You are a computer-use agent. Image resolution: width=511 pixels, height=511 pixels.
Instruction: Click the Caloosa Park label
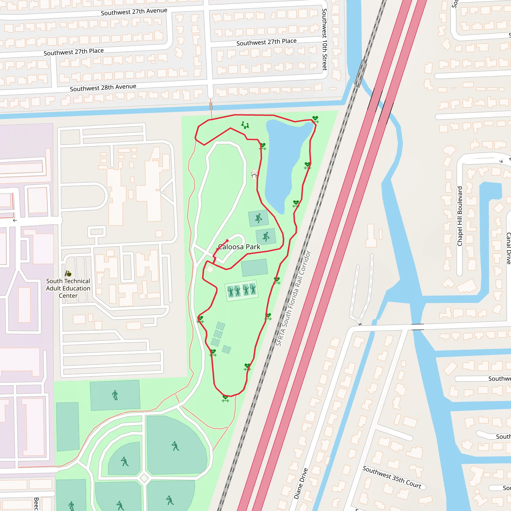click(x=239, y=247)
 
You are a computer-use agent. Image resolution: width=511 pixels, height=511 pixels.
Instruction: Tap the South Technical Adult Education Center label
click(x=68, y=288)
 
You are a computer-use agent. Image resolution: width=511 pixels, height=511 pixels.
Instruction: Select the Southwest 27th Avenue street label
click(x=134, y=12)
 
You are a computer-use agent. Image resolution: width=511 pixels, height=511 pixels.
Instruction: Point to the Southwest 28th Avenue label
click(x=103, y=88)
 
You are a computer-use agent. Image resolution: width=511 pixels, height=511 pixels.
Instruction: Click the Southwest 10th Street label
click(x=325, y=40)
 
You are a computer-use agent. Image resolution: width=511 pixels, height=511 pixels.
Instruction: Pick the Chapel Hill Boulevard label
click(x=460, y=216)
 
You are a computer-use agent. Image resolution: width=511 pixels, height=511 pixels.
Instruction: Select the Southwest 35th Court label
click(x=392, y=477)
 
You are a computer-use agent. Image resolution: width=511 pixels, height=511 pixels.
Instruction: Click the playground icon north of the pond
click(x=245, y=125)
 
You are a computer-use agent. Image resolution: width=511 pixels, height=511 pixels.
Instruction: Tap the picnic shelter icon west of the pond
click(x=254, y=174)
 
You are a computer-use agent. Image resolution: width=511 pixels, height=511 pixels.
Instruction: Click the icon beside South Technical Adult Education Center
click(x=68, y=273)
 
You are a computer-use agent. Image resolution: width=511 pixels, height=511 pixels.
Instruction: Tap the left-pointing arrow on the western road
click(x=15, y=220)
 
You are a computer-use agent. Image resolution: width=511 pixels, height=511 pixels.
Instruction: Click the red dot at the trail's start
click(x=228, y=241)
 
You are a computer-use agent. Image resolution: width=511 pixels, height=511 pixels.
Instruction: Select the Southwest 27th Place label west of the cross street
click(x=74, y=52)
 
